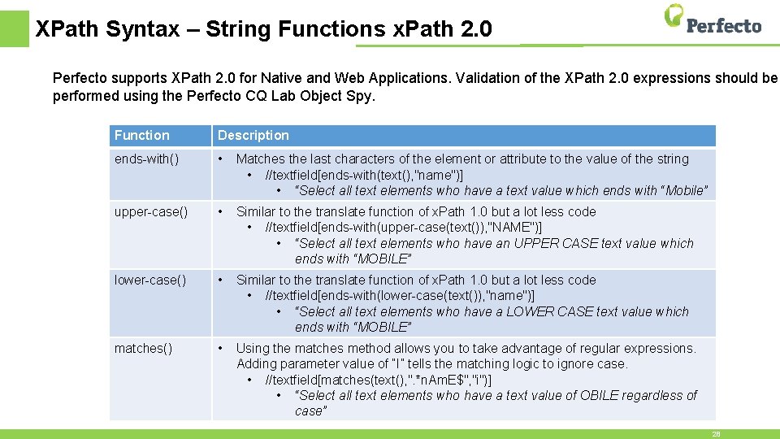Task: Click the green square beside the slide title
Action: point(14,28)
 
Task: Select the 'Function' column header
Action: point(142,135)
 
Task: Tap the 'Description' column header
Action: point(253,135)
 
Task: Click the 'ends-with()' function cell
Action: point(146,159)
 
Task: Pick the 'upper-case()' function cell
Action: point(150,212)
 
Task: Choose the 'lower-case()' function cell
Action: point(149,280)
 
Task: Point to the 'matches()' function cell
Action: point(143,349)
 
